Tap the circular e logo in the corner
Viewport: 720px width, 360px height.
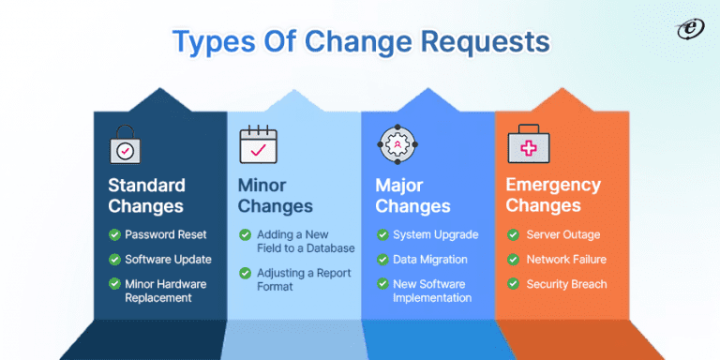coord(690,29)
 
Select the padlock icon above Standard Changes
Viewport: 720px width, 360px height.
coord(127,146)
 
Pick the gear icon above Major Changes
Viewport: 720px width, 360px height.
coord(395,145)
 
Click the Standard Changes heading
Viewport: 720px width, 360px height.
coord(146,195)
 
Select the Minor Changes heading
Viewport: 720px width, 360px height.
coord(275,195)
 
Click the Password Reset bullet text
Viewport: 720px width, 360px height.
coord(166,234)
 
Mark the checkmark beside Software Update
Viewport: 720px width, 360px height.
coord(114,260)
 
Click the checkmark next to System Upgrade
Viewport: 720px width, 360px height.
coord(382,234)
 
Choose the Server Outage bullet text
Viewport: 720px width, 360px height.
coord(563,234)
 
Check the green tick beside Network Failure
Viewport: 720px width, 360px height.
coord(513,260)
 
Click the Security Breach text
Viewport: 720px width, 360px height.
coord(566,284)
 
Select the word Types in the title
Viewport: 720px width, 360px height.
coord(213,42)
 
